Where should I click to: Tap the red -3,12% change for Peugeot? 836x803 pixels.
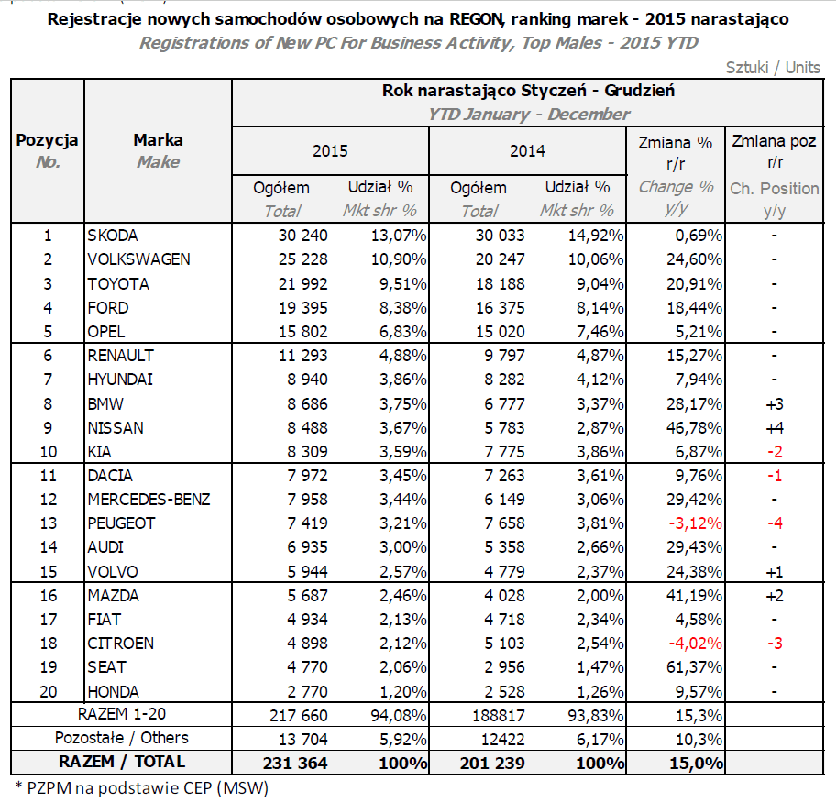pyautogui.click(x=691, y=523)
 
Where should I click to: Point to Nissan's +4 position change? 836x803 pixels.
pyautogui.click(x=775, y=427)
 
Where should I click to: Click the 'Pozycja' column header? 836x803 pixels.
pyautogui.click(x=48, y=141)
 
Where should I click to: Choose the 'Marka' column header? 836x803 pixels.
pyautogui.click(x=158, y=141)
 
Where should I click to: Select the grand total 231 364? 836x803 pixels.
pyautogui.click(x=296, y=762)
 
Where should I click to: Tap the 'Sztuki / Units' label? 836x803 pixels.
pyautogui.click(x=772, y=67)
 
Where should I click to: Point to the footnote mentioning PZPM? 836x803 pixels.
pyautogui.click(x=141, y=786)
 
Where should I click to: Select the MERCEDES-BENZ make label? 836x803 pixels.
pyautogui.click(x=148, y=500)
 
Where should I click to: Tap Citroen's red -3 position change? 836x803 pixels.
pyautogui.click(x=775, y=643)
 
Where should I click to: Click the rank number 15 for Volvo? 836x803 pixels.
pyautogui.click(x=48, y=571)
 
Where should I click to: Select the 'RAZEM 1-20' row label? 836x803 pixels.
pyautogui.click(x=121, y=714)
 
